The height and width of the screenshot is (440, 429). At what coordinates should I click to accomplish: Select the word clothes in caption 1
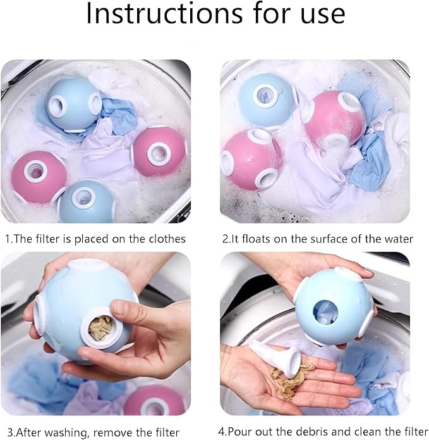pos(164,239)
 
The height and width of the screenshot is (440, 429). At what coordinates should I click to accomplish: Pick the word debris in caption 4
pos(296,432)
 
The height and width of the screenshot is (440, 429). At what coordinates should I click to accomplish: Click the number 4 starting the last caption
pos(221,432)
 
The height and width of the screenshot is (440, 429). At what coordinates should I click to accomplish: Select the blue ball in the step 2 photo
pos(266,100)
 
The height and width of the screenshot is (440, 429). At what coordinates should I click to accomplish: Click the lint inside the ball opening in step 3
pos(99,327)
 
